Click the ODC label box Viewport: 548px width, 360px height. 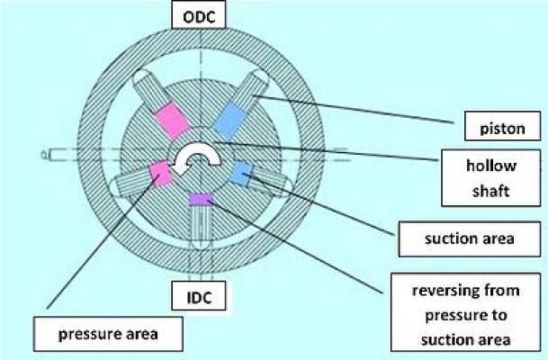(x=199, y=15)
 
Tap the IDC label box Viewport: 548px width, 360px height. (x=199, y=296)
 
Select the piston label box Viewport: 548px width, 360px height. (x=502, y=126)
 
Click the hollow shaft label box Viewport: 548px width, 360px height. (x=491, y=178)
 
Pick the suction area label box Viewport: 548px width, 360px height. (x=470, y=239)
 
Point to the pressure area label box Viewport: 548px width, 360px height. (x=108, y=334)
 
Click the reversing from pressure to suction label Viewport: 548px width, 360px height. (x=465, y=312)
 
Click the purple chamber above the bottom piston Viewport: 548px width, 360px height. (x=200, y=199)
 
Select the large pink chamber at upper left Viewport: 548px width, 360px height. (x=172, y=120)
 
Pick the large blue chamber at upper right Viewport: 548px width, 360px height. (x=229, y=121)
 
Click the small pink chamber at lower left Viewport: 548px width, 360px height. (x=160, y=174)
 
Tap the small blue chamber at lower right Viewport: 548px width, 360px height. (x=243, y=173)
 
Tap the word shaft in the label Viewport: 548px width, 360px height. (x=490, y=191)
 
